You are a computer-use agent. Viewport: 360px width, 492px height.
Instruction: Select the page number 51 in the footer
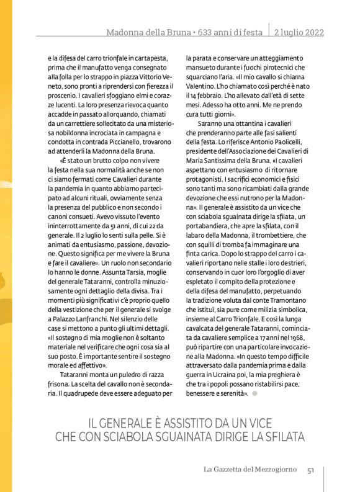[x=312, y=470]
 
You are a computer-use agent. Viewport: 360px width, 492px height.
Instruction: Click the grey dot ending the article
[x=254, y=393]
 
